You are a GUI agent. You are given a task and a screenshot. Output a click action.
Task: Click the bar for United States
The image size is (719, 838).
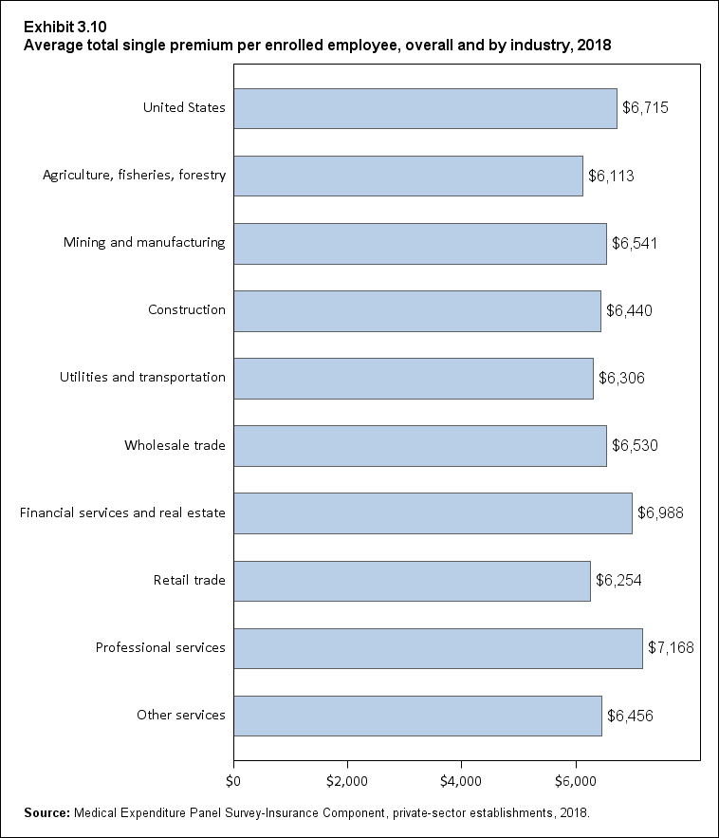click(425, 108)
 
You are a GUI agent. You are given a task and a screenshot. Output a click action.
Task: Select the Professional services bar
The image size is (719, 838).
click(437, 648)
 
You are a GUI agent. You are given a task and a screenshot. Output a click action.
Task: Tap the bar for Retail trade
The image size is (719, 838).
click(412, 581)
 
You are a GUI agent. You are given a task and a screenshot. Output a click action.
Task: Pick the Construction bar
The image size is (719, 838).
click(417, 310)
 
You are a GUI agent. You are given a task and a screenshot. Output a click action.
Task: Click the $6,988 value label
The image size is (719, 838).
click(660, 513)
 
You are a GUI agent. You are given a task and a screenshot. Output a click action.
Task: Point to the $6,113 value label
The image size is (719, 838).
click(611, 176)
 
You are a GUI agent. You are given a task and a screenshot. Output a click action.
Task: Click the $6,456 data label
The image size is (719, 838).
click(630, 716)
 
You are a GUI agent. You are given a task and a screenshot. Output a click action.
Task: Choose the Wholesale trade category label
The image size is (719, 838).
click(175, 445)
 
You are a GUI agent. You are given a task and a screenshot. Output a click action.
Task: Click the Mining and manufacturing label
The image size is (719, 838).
click(144, 242)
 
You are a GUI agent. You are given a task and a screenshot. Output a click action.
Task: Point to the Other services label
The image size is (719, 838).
click(180, 715)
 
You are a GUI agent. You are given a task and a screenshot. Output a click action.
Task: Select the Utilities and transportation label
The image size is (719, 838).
click(142, 377)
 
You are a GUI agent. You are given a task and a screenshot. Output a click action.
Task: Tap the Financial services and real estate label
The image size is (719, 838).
click(122, 512)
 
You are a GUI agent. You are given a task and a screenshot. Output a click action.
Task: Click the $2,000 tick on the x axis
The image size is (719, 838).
click(347, 781)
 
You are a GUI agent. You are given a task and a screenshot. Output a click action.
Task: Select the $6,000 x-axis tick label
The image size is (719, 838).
click(575, 781)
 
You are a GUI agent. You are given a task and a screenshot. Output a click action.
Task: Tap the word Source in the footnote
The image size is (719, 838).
click(47, 812)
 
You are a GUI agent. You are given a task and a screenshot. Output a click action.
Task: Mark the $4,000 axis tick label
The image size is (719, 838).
click(461, 781)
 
